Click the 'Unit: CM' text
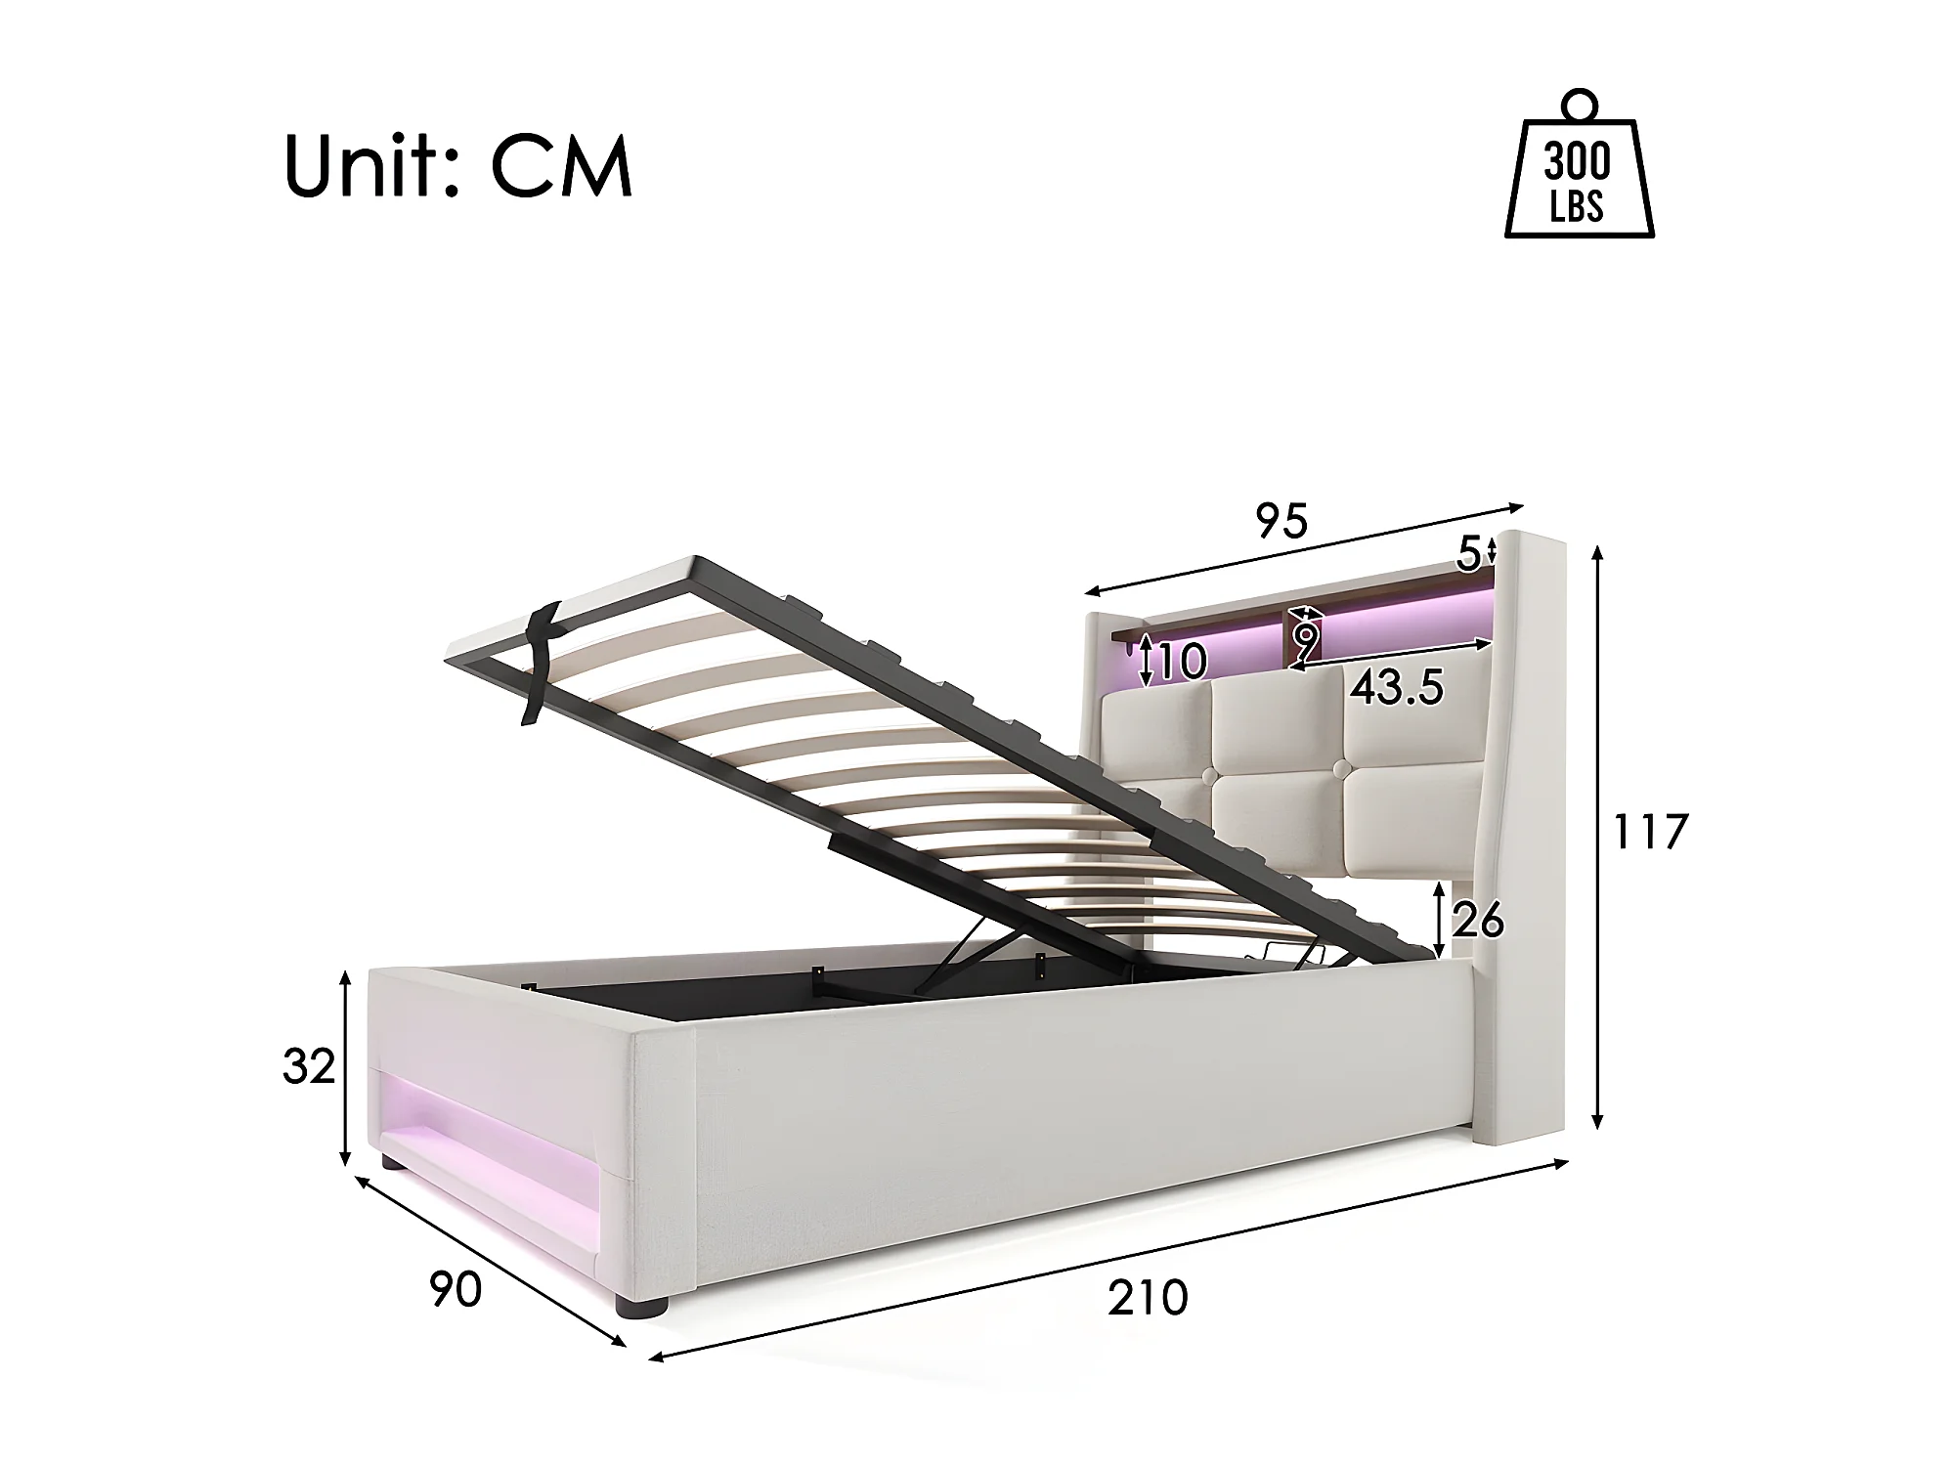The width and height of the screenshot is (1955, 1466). (458, 167)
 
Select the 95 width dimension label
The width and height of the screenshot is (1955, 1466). (1282, 522)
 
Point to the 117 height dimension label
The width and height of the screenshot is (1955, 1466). (1649, 833)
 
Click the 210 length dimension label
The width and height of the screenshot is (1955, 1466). (1148, 1298)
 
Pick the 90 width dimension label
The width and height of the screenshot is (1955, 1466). (456, 1290)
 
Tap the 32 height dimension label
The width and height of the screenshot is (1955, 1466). (309, 1066)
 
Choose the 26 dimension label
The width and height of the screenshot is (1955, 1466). (1478, 920)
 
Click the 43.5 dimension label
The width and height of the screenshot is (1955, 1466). (1397, 689)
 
